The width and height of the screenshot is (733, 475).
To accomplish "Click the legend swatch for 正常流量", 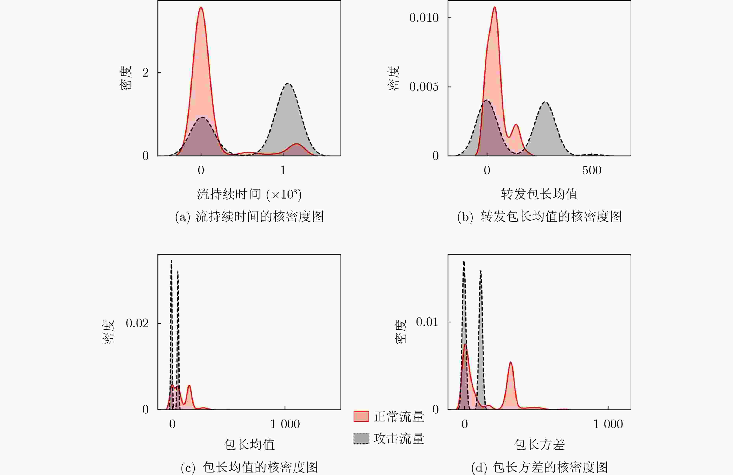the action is click(x=361, y=416).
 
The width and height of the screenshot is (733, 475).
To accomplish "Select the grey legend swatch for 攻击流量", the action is click(x=361, y=438).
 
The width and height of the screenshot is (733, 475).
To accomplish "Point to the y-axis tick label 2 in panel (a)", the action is click(x=145, y=73).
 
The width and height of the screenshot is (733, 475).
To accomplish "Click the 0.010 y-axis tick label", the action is click(x=424, y=18).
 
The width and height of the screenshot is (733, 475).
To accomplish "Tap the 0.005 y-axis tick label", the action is click(x=424, y=87).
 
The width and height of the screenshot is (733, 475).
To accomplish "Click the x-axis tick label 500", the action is click(x=592, y=170).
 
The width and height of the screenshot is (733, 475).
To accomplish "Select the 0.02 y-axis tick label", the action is click(x=137, y=323).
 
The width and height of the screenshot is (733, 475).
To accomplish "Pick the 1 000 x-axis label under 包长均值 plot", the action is click(x=285, y=424).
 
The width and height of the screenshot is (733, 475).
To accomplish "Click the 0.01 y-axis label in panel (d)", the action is click(x=427, y=322).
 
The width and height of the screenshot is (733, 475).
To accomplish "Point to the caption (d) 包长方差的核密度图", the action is click(x=540, y=467).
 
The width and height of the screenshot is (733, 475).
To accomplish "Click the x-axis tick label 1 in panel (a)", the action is click(x=283, y=170).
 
